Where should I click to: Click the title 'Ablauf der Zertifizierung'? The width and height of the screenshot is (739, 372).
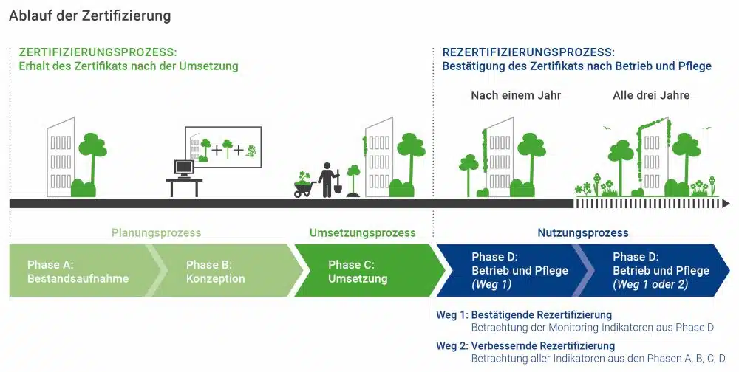pyautogui.click(x=90, y=16)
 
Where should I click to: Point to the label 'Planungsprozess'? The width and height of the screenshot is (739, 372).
pyautogui.click(x=156, y=233)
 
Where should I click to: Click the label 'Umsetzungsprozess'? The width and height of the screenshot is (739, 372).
pyautogui.click(x=362, y=233)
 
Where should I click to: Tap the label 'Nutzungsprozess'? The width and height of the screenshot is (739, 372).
pyautogui.click(x=583, y=233)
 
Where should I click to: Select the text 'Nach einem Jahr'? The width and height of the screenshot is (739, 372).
pyautogui.click(x=516, y=96)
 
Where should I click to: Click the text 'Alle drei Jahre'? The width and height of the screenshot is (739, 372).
pyautogui.click(x=651, y=96)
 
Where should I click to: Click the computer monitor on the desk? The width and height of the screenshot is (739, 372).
pyautogui.click(x=184, y=168)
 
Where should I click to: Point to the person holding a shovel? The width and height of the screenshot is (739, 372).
pyautogui.click(x=327, y=180)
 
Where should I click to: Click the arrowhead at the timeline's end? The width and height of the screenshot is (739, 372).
pyautogui.click(x=726, y=204)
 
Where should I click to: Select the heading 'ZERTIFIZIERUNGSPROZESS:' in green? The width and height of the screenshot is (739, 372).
pyautogui.click(x=98, y=52)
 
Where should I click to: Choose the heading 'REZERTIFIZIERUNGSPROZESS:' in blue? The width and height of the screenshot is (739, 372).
pyautogui.click(x=528, y=52)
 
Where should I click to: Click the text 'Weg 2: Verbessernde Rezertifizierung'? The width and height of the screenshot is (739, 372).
pyautogui.click(x=525, y=346)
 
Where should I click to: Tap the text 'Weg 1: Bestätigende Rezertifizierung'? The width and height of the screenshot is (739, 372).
pyautogui.click(x=524, y=315)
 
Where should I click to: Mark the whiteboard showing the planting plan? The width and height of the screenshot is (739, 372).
pyautogui.click(x=223, y=147)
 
